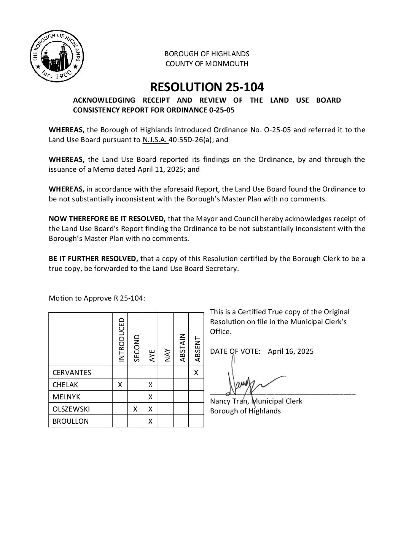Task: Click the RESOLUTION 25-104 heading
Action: [207, 87]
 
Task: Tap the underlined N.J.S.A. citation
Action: [155, 139]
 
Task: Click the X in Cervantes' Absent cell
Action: [196, 372]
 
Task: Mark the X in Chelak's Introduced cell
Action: [120, 385]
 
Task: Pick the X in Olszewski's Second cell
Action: [135, 409]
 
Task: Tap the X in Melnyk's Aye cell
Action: [150, 397]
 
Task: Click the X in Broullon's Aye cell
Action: [150, 421]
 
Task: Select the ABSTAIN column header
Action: [182, 347]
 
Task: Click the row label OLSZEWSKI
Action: [71, 409]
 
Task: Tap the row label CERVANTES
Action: [72, 372]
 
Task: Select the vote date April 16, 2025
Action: [291, 351]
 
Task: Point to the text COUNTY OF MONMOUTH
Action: [207, 63]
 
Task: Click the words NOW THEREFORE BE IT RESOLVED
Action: [107, 218]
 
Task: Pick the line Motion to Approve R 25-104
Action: [97, 298]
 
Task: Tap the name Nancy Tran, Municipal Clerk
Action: [256, 401]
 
